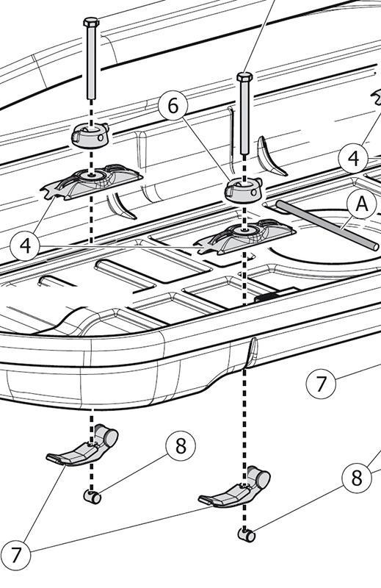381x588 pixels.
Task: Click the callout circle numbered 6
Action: coord(173,106)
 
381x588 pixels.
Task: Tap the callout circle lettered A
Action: coord(361,205)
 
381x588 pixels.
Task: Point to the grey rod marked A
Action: coord(327,226)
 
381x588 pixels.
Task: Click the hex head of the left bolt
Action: coord(91,22)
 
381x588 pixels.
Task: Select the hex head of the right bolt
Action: coord(244,77)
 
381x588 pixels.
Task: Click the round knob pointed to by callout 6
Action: coord(244,190)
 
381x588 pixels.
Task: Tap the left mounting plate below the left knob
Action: coord(92,182)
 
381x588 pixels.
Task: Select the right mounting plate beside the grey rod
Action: coord(244,237)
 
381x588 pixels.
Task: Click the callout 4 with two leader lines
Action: coord(25,246)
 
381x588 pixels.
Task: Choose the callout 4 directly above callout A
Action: coord(353,159)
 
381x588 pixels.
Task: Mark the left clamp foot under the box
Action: coord(83,446)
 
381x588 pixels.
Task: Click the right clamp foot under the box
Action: coord(234,487)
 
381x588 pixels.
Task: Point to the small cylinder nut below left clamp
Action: coord(92,497)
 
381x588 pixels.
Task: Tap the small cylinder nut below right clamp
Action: coord(247,535)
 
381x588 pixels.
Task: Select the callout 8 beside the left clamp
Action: coord(181,446)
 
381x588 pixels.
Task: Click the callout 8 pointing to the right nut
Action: coord(357,478)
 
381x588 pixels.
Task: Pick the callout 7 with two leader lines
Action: coord(15,555)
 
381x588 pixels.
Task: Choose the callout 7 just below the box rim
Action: coord(321,384)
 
